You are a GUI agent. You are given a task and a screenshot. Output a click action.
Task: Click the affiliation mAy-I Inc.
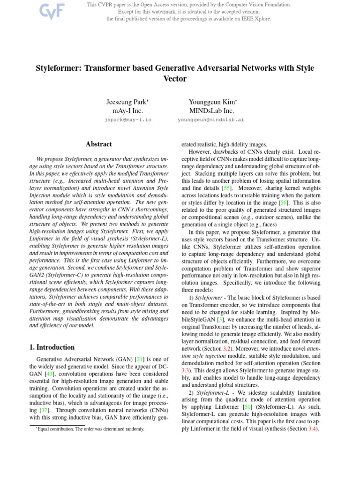point(127,111)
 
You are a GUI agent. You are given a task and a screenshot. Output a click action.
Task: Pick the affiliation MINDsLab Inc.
point(212,111)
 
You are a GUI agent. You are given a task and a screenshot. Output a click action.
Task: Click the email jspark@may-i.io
point(127,120)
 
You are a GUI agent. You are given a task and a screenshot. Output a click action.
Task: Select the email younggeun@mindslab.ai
point(211,120)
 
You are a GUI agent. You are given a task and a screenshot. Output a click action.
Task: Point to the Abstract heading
point(99,144)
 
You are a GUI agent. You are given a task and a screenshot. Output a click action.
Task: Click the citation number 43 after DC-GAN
point(49,375)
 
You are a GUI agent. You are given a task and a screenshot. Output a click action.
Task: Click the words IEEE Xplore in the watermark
point(256,19)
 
